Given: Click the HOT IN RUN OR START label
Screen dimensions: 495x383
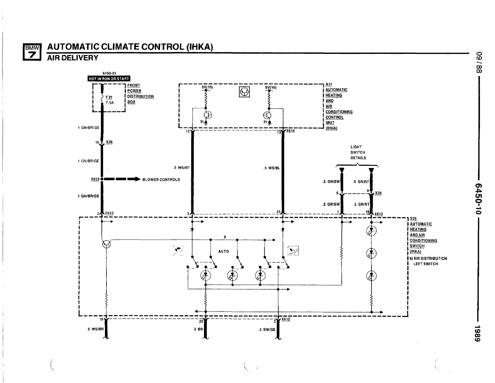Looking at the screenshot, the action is (109, 79).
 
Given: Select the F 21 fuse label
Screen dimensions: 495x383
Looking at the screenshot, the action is (109, 97).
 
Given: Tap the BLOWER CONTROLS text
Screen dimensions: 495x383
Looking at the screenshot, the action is (161, 180).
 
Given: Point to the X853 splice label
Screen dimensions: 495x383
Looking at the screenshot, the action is (95, 179).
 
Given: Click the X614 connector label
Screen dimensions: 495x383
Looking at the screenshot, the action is (290, 131).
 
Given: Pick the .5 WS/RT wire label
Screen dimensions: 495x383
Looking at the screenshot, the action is (182, 168).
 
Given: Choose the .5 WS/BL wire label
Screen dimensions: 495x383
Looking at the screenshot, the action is (272, 168).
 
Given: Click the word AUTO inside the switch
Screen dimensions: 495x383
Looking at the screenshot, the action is (224, 251).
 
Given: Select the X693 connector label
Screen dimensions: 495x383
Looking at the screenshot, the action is (109, 213).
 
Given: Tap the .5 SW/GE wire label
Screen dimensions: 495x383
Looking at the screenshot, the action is (267, 329).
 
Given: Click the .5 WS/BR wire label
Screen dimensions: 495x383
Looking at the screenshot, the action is (93, 329).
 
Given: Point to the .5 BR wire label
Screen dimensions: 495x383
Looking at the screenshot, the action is (198, 329).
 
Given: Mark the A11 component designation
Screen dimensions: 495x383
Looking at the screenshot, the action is (329, 84).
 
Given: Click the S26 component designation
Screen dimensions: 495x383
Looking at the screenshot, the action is (413, 218).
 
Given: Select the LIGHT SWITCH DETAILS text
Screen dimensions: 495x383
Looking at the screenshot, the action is (358, 152).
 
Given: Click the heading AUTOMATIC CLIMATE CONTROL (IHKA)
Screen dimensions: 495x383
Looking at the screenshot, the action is (130, 47).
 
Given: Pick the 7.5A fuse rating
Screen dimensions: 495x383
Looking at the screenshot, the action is (110, 103).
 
